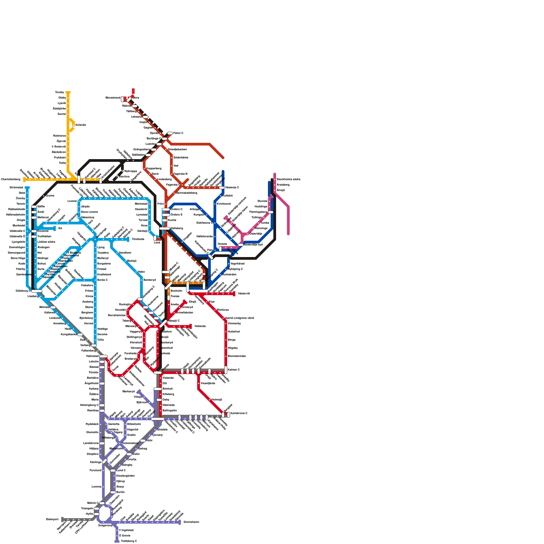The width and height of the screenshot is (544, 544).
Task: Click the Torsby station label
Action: [59, 92]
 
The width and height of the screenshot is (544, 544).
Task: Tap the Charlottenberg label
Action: [11, 179]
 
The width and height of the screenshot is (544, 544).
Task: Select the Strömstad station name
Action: [16, 187]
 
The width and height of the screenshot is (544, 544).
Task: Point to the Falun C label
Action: [178, 133]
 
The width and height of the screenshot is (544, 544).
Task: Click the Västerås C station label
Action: [232, 187]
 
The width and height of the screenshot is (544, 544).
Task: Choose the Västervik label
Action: [244, 293]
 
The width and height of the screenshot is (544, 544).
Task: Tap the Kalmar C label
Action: [234, 370]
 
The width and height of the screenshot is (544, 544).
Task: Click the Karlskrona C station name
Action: [239, 413]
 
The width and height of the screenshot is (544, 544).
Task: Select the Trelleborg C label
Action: [129, 541]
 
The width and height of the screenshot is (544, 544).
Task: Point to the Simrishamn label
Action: [191, 522]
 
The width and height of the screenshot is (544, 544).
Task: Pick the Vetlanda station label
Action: [200, 326]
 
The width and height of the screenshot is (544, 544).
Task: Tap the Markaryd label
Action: [129, 391]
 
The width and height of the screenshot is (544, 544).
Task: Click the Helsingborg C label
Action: [89, 405]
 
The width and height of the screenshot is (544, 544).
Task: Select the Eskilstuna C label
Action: [204, 223]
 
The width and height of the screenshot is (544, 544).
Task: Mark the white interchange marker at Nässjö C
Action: [164, 323]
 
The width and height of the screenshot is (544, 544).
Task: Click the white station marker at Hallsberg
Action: [165, 228]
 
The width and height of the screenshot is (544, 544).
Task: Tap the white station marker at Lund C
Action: [113, 470]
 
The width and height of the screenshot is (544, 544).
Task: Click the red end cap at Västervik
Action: [234, 294]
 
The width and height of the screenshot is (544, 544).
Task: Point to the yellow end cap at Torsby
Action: [68, 92]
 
